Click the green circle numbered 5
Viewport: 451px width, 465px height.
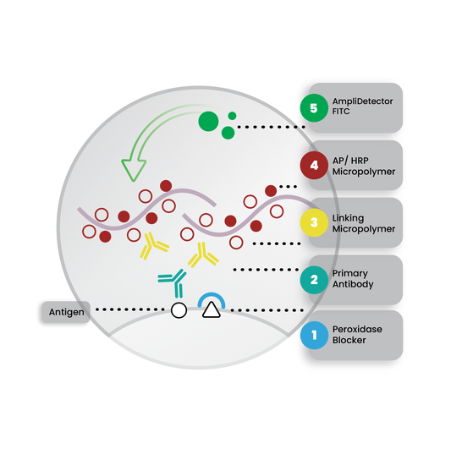[314, 108]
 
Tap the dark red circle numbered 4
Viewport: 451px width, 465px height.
[314, 165]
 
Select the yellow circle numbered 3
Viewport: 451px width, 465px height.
[314, 222]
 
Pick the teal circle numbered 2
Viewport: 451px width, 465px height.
[314, 280]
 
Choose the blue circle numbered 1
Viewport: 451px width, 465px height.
[314, 335]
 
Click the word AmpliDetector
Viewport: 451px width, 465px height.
[362, 101]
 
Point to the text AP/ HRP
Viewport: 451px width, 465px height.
[350, 161]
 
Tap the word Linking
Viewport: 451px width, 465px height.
[348, 218]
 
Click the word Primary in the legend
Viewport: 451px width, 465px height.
[350, 273]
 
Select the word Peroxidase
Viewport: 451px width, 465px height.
[357, 329]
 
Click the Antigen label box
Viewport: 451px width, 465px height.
[66, 312]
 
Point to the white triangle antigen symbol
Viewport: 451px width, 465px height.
[212, 310]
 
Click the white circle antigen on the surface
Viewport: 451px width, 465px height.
[179, 310]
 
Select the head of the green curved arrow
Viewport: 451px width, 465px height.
[134, 169]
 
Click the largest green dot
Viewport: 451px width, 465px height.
[208, 121]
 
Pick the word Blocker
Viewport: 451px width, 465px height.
[349, 340]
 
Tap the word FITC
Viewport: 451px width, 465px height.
[341, 112]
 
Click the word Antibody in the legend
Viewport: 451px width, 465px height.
[353, 284]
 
